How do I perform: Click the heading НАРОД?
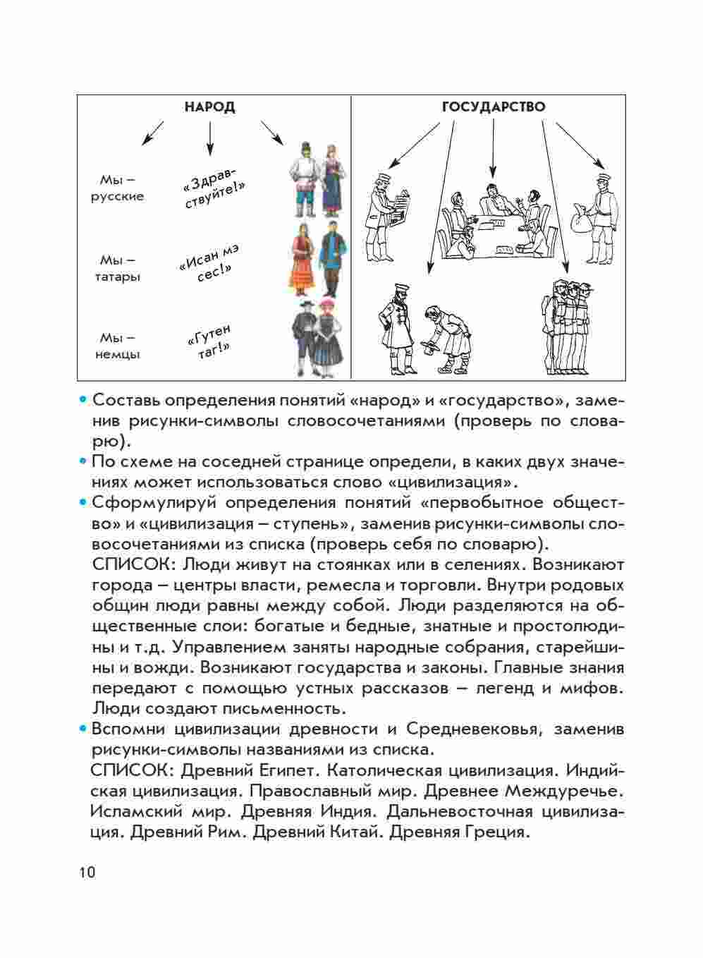pos(209,107)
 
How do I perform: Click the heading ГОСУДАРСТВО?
pos(493,107)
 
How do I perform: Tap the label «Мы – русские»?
pos(117,188)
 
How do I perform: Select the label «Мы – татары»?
pos(117,268)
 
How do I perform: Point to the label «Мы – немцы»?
pos(117,346)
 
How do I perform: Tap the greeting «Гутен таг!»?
pos(209,342)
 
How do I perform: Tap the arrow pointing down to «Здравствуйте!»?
pos(209,138)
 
